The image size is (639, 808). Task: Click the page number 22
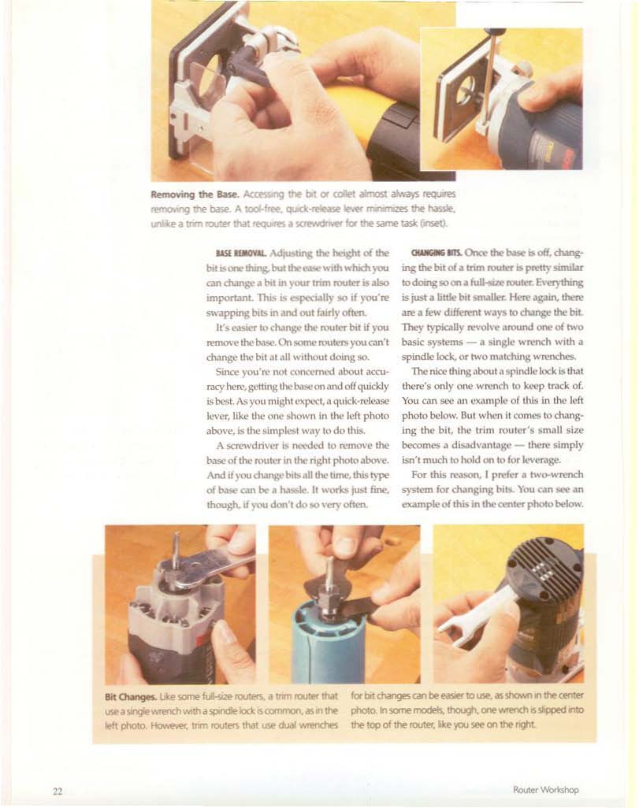[58, 791]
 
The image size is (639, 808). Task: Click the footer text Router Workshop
[546, 789]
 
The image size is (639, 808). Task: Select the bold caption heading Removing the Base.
[195, 195]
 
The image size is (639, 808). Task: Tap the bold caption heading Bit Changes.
[131, 697]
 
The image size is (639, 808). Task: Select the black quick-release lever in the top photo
[247, 65]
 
